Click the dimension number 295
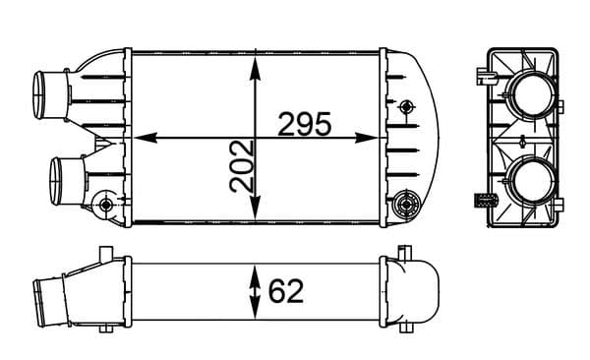304,124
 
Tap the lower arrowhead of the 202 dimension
256,211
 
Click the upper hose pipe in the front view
51,92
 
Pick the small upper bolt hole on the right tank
406,105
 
